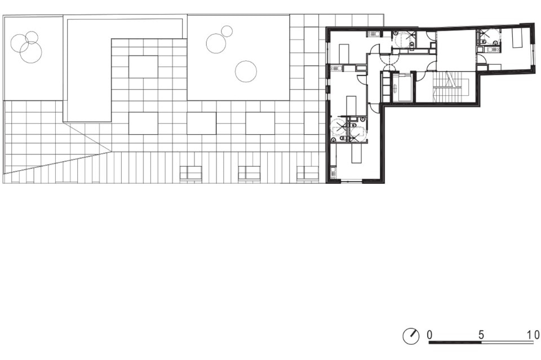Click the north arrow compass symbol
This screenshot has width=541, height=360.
pos(411,336)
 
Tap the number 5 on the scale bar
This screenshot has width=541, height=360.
pos(481,335)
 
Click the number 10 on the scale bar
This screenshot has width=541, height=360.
pos(533,335)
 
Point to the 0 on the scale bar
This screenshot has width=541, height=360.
pos(429,335)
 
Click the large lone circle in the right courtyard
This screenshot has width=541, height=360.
pos(246,72)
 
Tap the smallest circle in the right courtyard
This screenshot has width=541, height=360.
pos(227,32)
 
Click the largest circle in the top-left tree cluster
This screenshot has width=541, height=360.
pos(30,52)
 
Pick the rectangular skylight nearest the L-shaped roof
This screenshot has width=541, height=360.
pos(144,67)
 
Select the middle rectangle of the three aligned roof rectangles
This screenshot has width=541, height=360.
pos(202,123)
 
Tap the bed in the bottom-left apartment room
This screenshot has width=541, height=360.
pos(356,154)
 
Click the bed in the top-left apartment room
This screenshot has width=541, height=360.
pos(344,53)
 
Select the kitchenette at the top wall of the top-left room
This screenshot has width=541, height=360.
pos(373,34)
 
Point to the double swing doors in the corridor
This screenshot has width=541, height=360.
pos(389,63)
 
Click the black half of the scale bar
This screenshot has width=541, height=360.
pos(455,343)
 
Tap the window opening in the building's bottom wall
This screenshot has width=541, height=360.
pos(352,181)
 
